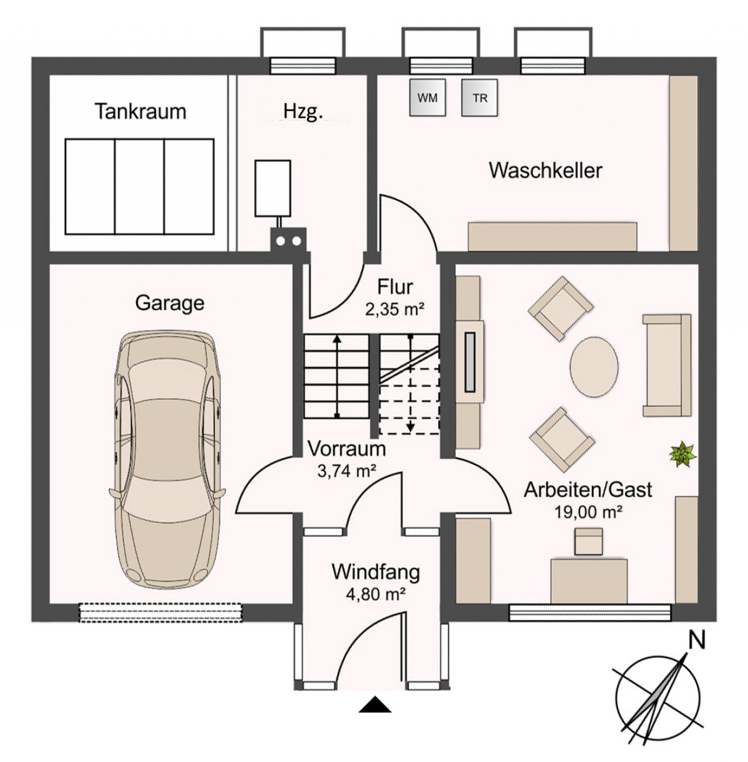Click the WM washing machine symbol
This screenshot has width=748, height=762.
pos(427,98)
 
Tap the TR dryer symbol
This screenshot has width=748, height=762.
pos(480,98)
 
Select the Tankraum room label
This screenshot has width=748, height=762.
pos(140,112)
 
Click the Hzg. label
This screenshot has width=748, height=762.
pos(303,113)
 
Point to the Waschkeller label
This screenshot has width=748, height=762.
pos(546,171)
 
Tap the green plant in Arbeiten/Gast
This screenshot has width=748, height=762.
pos(683,454)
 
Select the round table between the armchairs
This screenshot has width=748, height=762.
pos(594,366)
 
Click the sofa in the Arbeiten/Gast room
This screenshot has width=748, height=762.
pos(667,366)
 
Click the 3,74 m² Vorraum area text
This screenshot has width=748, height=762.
pos(347,471)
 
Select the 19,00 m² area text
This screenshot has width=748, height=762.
pos(588,513)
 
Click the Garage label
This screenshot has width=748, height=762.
pos(170,304)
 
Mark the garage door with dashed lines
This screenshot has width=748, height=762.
pos(160,613)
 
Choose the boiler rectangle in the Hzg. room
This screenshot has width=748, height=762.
pos(273,188)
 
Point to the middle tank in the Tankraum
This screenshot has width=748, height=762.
pos(139,186)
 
